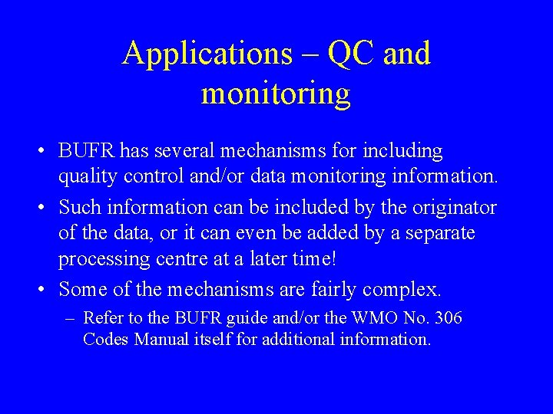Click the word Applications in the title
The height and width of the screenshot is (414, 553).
pos(207,54)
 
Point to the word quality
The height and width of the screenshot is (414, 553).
pos(88,176)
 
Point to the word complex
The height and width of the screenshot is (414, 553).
pos(402,290)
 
